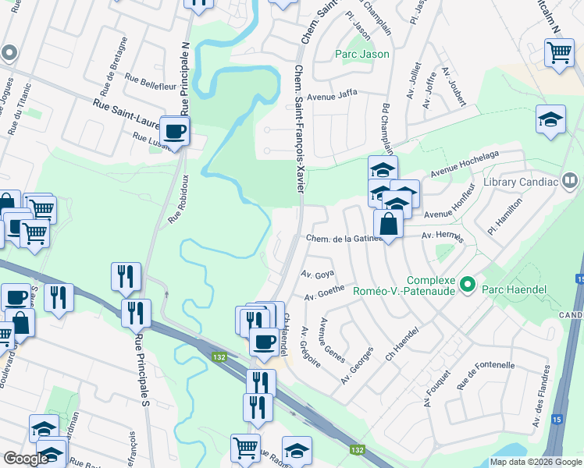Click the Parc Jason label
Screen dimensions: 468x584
tap(361, 54)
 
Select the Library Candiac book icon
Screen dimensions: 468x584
tap(571, 182)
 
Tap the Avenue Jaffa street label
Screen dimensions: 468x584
tap(332, 96)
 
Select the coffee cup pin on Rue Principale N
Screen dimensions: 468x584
tap(174, 130)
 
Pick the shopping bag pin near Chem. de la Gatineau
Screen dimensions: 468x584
tap(388, 224)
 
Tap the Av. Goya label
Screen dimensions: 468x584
tap(318, 275)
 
